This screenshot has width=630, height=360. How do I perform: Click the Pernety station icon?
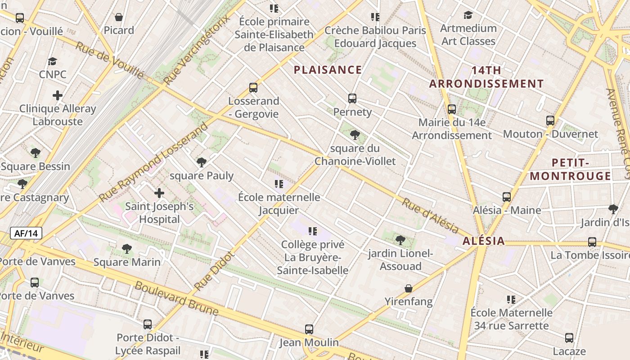pos(352,99)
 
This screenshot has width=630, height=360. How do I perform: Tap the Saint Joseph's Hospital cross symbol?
pos(159,193)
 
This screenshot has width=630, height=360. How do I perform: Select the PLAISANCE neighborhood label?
pos(328,70)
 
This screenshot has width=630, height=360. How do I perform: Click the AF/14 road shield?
pos(26,233)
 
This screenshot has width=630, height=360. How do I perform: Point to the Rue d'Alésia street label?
pos(430,216)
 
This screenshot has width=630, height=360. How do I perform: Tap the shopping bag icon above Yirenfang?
pos(409,288)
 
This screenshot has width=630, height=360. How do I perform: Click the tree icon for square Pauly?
pos(202,162)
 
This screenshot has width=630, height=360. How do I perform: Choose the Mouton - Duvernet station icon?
pos(550,121)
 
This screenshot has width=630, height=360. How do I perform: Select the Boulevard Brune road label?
pos(176,299)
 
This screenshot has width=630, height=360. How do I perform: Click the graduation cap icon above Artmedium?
pos(468,15)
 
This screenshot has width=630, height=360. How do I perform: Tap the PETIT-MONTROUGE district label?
pos(570,169)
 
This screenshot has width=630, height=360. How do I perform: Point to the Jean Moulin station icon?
pos(309,329)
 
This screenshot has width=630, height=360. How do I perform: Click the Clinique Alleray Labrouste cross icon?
pos(57,95)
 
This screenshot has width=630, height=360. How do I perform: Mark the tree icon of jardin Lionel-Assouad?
pos(400,240)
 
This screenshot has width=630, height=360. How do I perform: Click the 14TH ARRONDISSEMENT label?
pos(486,77)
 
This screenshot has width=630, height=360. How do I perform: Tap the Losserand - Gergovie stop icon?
pos(253,88)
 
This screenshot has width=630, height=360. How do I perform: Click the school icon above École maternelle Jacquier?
pos(279,184)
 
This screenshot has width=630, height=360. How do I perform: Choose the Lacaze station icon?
pos(569,338)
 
